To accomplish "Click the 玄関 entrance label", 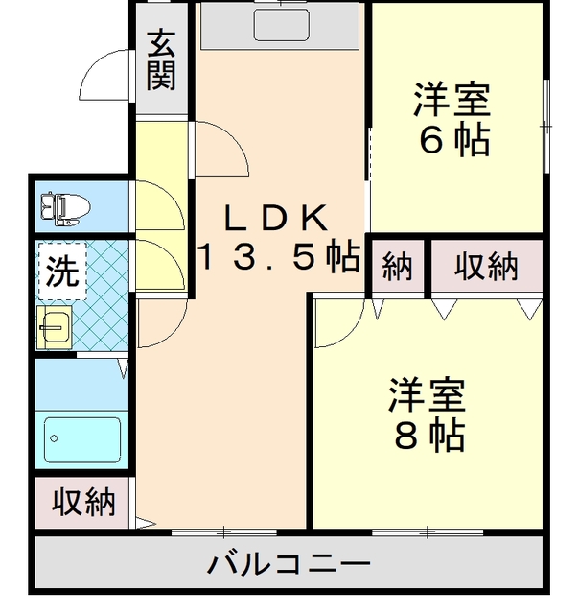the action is tap(161, 59).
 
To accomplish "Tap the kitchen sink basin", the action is tap(281, 25).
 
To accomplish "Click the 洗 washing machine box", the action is tap(62, 271).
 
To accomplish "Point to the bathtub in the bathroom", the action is tap(82, 439).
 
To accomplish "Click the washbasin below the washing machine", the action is tap(55, 327).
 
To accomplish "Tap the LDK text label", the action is tap(276, 219).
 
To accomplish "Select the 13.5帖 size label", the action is tap(280, 257).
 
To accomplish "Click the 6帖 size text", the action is tap(454, 140).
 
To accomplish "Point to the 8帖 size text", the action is tap(430, 436).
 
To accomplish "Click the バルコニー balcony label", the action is tap(289, 564).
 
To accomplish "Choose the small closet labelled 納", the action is tap(398, 266).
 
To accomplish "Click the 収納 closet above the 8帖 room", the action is tap(487, 266).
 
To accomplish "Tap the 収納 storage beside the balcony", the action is tap(82, 503).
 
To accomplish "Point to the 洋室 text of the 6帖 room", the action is tap(452, 99).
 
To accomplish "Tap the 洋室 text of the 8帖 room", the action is tap(428, 394).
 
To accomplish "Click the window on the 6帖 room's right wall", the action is tap(546, 126).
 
